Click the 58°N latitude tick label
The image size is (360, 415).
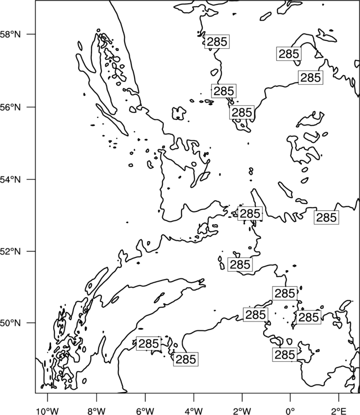coord(11,34)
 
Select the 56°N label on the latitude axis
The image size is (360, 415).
coord(11,107)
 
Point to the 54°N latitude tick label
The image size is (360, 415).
coord(11,180)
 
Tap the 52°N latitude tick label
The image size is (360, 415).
coord(11,251)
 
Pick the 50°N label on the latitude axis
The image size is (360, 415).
coord(11,323)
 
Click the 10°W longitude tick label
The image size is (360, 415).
coord(48,411)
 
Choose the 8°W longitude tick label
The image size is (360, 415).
coord(96,411)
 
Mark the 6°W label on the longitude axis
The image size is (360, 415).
coord(145,411)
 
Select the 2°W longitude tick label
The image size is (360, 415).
coord(242,411)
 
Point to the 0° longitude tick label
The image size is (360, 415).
coord(290,411)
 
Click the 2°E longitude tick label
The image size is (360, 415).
coord(339,411)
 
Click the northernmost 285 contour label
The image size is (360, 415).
coord(217,41)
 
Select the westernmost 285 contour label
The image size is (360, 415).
coord(148,344)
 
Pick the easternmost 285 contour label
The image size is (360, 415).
coord(326,217)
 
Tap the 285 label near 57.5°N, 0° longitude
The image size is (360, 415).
coord(289,54)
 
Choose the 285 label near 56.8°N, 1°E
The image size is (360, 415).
coord(311,77)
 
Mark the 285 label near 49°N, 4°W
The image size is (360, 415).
coord(186,359)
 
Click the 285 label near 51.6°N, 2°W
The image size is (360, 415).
coord(240,264)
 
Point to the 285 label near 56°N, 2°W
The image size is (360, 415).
coord(241,112)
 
